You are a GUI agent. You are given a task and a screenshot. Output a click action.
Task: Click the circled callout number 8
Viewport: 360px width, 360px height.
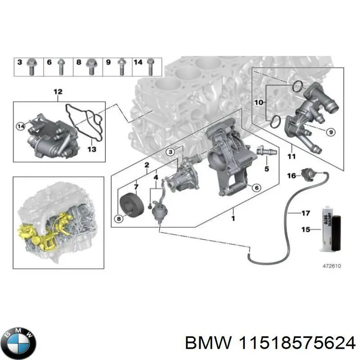[x=119, y=219]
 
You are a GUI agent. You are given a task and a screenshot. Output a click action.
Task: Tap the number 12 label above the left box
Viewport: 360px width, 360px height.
[x=58, y=92]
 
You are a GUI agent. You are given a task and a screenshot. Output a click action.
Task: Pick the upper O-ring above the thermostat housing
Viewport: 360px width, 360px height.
[x=297, y=86]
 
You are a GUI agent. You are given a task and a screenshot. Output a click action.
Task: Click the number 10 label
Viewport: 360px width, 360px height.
[x=258, y=103]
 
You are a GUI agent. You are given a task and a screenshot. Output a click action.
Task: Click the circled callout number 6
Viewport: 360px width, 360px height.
[x=256, y=188]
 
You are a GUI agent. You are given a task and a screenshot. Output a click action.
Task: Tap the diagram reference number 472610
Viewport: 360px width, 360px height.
[x=332, y=266]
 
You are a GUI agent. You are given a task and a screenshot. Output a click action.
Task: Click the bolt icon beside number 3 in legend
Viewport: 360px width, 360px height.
[x=31, y=66]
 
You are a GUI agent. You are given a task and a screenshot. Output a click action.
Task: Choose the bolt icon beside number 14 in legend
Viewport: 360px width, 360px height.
[x=150, y=67]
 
